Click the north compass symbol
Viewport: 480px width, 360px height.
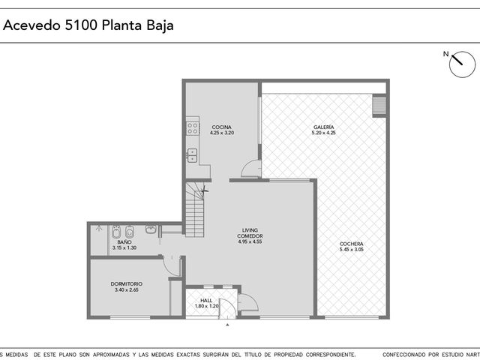coord(462,64)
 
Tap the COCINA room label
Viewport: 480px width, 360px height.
coord(222,127)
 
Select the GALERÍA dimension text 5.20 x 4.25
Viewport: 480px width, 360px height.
coord(323,133)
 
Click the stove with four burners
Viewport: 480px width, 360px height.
coord(193,128)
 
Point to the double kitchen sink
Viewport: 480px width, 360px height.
coord(193,155)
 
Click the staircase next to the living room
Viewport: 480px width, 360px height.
coord(195,209)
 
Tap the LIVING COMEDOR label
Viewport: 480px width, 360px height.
coord(250,233)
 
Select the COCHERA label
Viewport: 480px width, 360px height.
coord(352,244)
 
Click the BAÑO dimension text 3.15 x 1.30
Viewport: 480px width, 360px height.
coord(124,247)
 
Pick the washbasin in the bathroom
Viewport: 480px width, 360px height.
coord(151,229)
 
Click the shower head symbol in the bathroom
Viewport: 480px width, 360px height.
coord(98,228)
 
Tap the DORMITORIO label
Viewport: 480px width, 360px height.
coord(127,284)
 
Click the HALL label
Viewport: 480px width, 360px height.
coord(206,301)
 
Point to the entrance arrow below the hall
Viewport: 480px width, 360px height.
coord(227,325)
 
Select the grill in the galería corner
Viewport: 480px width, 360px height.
coord(379,106)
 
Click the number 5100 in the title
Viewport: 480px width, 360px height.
coord(81,25)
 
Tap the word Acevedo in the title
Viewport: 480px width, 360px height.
coord(31,25)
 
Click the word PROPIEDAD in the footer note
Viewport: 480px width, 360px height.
coord(288,355)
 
